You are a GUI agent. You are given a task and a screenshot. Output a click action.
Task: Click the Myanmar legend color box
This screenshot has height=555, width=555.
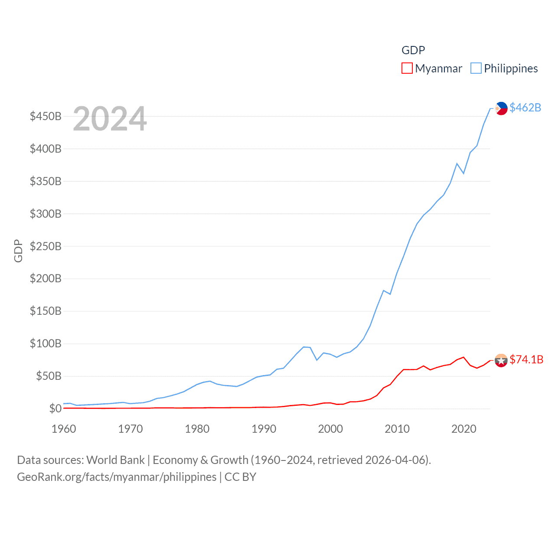coord(407,69)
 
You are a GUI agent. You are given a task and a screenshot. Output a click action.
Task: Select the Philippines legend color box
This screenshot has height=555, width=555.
coord(476,69)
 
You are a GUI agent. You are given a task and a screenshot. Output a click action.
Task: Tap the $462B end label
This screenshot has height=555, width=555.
coord(525,108)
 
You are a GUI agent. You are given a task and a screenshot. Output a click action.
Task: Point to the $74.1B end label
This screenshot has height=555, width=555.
coord(526,359)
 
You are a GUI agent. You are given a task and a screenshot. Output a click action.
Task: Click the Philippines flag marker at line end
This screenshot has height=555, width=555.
coord(501,108)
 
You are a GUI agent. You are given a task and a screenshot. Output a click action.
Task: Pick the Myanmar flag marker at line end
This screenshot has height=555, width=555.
coord(501,360)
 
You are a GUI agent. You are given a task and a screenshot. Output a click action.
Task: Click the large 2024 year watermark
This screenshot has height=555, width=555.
coord(110,119)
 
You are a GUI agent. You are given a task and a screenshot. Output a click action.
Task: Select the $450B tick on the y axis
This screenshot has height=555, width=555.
coord(46,116)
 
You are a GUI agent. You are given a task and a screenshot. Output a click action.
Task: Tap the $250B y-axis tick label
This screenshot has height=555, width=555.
coord(46,246)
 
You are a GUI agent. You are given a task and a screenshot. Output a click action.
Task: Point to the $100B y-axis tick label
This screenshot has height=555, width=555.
coord(46,344)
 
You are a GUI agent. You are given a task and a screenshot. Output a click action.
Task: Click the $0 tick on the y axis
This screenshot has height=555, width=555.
coord(55,408)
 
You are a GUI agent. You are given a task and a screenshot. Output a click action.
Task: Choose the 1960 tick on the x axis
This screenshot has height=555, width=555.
coord(64,429)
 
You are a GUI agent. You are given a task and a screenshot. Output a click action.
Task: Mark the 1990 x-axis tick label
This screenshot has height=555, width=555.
coord(264,429)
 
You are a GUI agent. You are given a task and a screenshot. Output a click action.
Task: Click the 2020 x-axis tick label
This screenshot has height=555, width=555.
coord(464,429)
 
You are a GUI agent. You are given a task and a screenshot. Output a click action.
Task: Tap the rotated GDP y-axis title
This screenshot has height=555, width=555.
coord(18,251)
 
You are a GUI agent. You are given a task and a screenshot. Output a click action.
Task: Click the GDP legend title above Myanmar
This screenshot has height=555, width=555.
coord(413,50)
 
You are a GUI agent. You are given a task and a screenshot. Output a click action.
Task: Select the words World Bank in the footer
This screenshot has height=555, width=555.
coord(115,460)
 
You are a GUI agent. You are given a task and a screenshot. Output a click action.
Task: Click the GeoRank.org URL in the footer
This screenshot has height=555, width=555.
coord(117,477)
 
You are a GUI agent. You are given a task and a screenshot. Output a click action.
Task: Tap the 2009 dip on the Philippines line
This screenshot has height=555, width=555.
coord(390,294)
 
